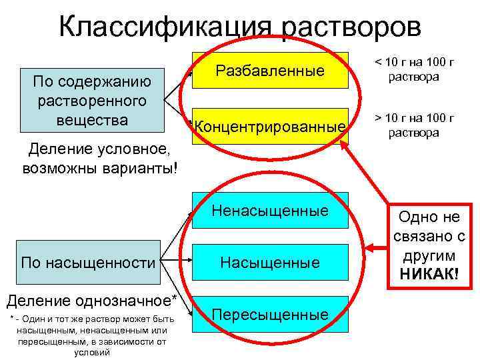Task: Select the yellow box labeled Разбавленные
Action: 270,70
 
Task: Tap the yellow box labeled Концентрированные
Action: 270,126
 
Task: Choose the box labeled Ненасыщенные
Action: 270,211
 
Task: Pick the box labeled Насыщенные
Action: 270,263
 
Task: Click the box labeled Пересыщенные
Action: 270,314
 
